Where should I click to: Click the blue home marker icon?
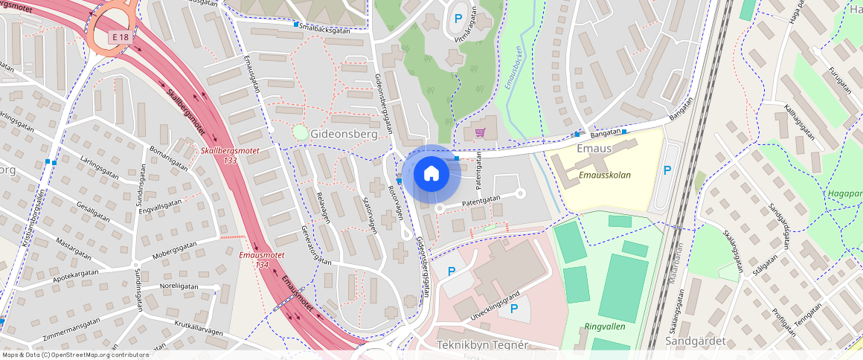tap(431, 174)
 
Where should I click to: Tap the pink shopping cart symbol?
tap(480, 133)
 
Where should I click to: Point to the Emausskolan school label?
tap(605, 176)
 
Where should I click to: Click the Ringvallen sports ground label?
tap(603, 326)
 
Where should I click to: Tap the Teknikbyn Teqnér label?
tap(481, 344)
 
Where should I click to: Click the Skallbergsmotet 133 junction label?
tap(230, 155)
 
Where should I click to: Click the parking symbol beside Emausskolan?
tap(667, 170)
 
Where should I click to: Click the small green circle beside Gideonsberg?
tap(300, 132)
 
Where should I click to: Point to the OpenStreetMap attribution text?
tap(74, 355)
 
